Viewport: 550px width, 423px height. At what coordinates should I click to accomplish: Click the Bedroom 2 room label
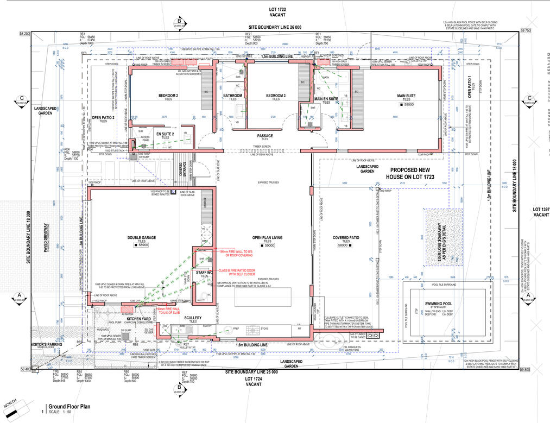[168, 96]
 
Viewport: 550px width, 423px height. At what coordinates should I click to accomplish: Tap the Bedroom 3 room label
[276, 96]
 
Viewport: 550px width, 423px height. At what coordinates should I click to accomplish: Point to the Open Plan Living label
[267, 237]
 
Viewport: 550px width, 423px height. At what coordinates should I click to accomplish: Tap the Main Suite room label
[406, 96]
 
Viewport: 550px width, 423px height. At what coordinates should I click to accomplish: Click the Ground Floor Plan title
[69, 406]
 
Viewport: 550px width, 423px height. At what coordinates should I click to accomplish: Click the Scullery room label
[193, 318]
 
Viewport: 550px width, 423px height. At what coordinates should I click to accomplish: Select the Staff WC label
[205, 273]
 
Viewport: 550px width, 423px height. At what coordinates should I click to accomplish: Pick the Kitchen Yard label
[138, 319]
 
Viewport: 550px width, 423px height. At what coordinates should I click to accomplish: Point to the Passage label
[265, 136]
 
